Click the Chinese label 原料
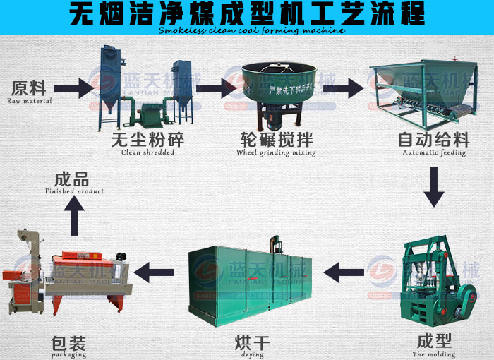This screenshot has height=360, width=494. point(29,89)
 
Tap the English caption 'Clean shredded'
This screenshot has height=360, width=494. point(146,152)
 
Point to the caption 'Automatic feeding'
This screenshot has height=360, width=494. point(434,152)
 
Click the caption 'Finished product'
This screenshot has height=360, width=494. point(74,191)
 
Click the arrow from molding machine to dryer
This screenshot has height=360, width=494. point(343,269)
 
